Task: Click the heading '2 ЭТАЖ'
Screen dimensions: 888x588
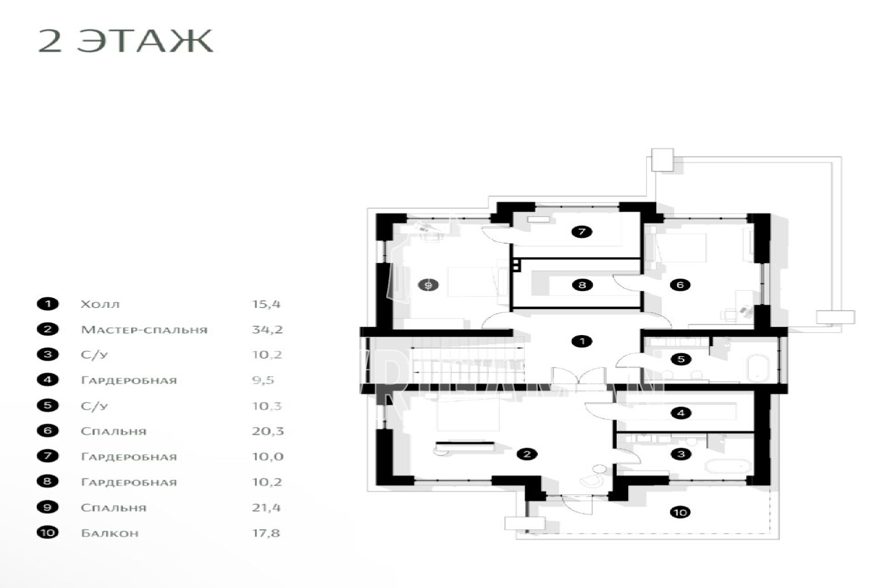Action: pos(125,41)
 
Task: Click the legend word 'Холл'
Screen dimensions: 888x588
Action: pos(100,305)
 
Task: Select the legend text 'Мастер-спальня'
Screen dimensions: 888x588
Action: pos(144,330)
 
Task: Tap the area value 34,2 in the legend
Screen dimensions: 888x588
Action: pos(267,330)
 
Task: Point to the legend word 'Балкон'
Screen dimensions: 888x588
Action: pos(110,533)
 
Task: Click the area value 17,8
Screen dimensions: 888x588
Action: pos(266,533)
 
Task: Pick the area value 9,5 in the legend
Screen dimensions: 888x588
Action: pos(263,381)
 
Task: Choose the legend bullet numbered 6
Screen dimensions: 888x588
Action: pos(48,430)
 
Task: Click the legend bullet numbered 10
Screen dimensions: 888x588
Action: pos(48,532)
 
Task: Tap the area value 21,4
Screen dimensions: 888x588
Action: pos(266,508)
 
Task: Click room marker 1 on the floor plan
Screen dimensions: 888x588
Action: pos(582,341)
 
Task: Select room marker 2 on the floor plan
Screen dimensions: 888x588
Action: pos(527,454)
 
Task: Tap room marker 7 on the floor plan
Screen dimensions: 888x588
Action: pos(582,232)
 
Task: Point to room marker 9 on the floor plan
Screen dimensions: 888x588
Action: pos(428,285)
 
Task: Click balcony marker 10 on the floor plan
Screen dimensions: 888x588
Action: pos(680,513)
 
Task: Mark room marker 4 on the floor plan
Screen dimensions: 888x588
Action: pos(680,413)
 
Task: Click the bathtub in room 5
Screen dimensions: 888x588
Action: pos(757,368)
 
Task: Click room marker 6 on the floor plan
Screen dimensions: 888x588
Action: pos(680,285)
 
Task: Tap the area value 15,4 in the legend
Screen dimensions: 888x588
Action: pos(266,305)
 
